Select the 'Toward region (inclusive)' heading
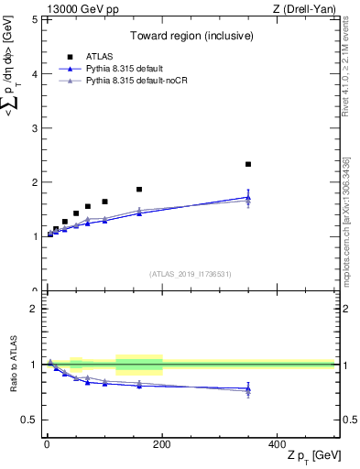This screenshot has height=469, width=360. click(x=191, y=36)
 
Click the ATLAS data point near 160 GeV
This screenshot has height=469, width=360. click(x=139, y=189)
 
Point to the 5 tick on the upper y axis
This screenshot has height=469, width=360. click(x=35, y=19)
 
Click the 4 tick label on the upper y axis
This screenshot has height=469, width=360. click(x=35, y=73)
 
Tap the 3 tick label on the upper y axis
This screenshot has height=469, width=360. click(x=35, y=127)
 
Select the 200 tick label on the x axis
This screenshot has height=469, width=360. click(x=162, y=443)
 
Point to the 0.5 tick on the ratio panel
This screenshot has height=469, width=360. click(x=31, y=420)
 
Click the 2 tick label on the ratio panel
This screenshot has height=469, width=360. click(x=35, y=309)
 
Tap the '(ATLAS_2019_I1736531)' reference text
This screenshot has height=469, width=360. click(x=191, y=273)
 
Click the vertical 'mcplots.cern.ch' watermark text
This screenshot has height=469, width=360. click(x=346, y=238)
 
